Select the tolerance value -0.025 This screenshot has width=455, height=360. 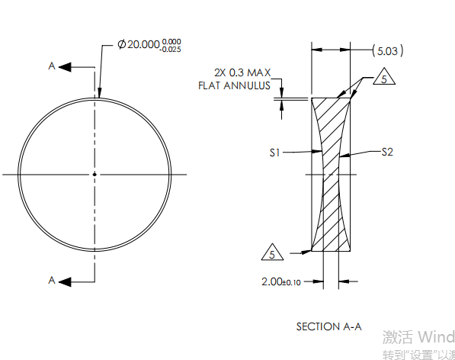171,50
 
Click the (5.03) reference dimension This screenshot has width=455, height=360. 387,51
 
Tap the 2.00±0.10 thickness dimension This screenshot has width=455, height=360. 281,281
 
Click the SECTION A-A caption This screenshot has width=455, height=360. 328,326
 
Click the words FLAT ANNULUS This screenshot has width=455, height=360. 235,85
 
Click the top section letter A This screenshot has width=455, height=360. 52,66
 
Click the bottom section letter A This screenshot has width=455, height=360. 52,281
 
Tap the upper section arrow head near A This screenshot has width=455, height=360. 66,66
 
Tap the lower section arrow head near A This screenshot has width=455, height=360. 66,281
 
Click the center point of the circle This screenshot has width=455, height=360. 95,174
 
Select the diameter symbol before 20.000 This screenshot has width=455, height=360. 122,46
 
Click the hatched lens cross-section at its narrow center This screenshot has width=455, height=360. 331,174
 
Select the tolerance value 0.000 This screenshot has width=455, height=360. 172,41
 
